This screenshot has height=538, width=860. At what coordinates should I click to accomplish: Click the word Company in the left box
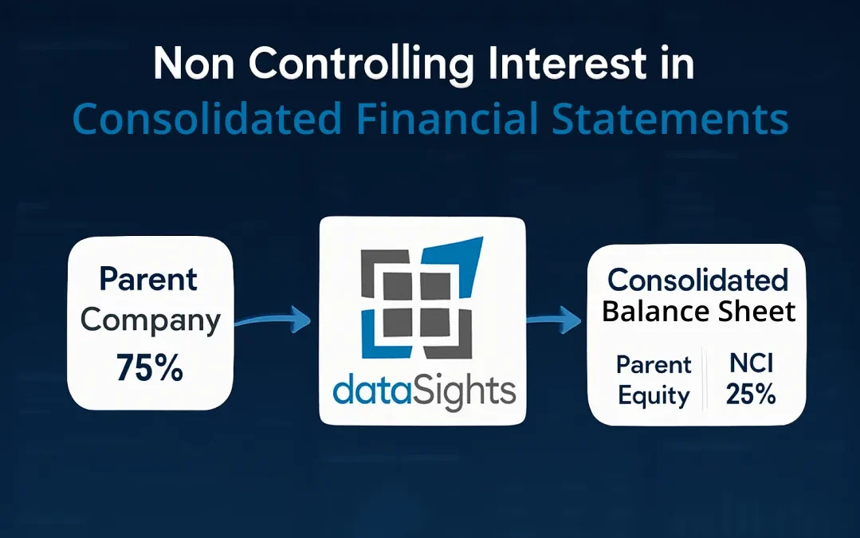(150, 320)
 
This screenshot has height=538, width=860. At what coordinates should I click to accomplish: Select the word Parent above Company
(148, 279)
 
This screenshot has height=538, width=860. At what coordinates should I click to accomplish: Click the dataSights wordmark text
(424, 391)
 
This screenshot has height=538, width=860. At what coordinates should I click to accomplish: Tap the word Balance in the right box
(650, 311)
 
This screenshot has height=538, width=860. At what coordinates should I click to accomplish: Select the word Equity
(654, 396)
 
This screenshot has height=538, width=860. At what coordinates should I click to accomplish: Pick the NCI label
(751, 364)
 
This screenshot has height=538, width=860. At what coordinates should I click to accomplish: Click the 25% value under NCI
(751, 395)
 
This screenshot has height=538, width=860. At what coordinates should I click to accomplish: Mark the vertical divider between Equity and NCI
(704, 379)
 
